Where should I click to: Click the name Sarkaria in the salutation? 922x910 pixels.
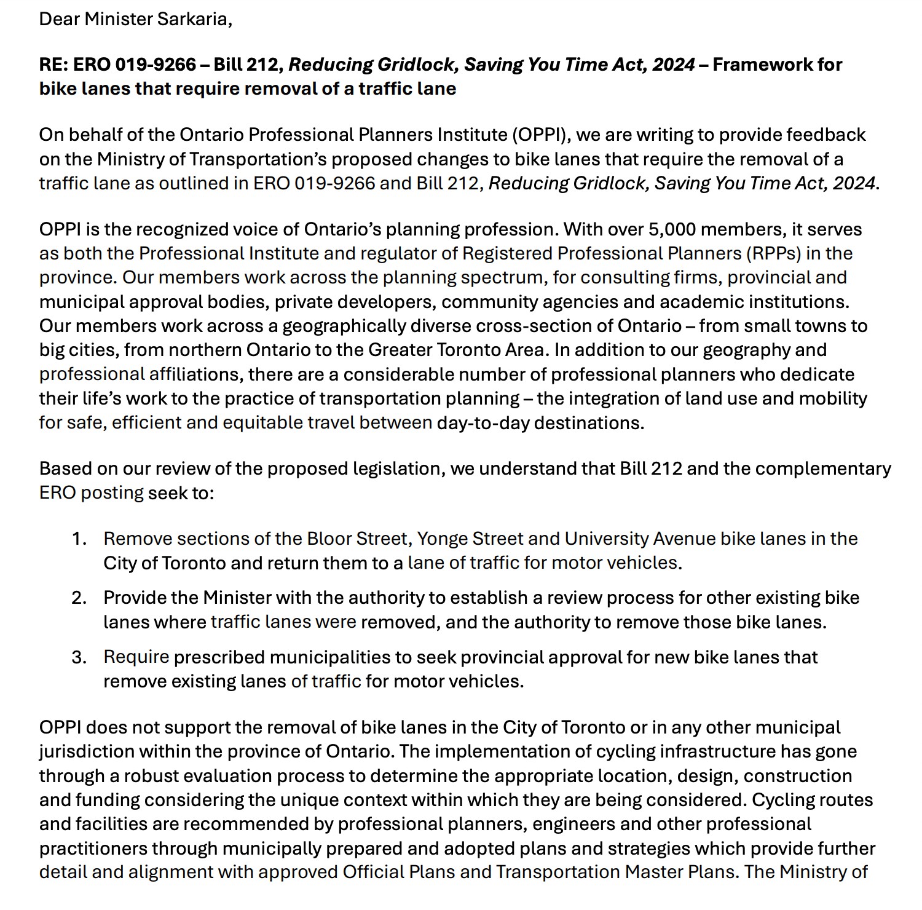(x=192, y=19)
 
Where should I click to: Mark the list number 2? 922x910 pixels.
(x=79, y=598)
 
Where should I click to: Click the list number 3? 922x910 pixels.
(x=79, y=657)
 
